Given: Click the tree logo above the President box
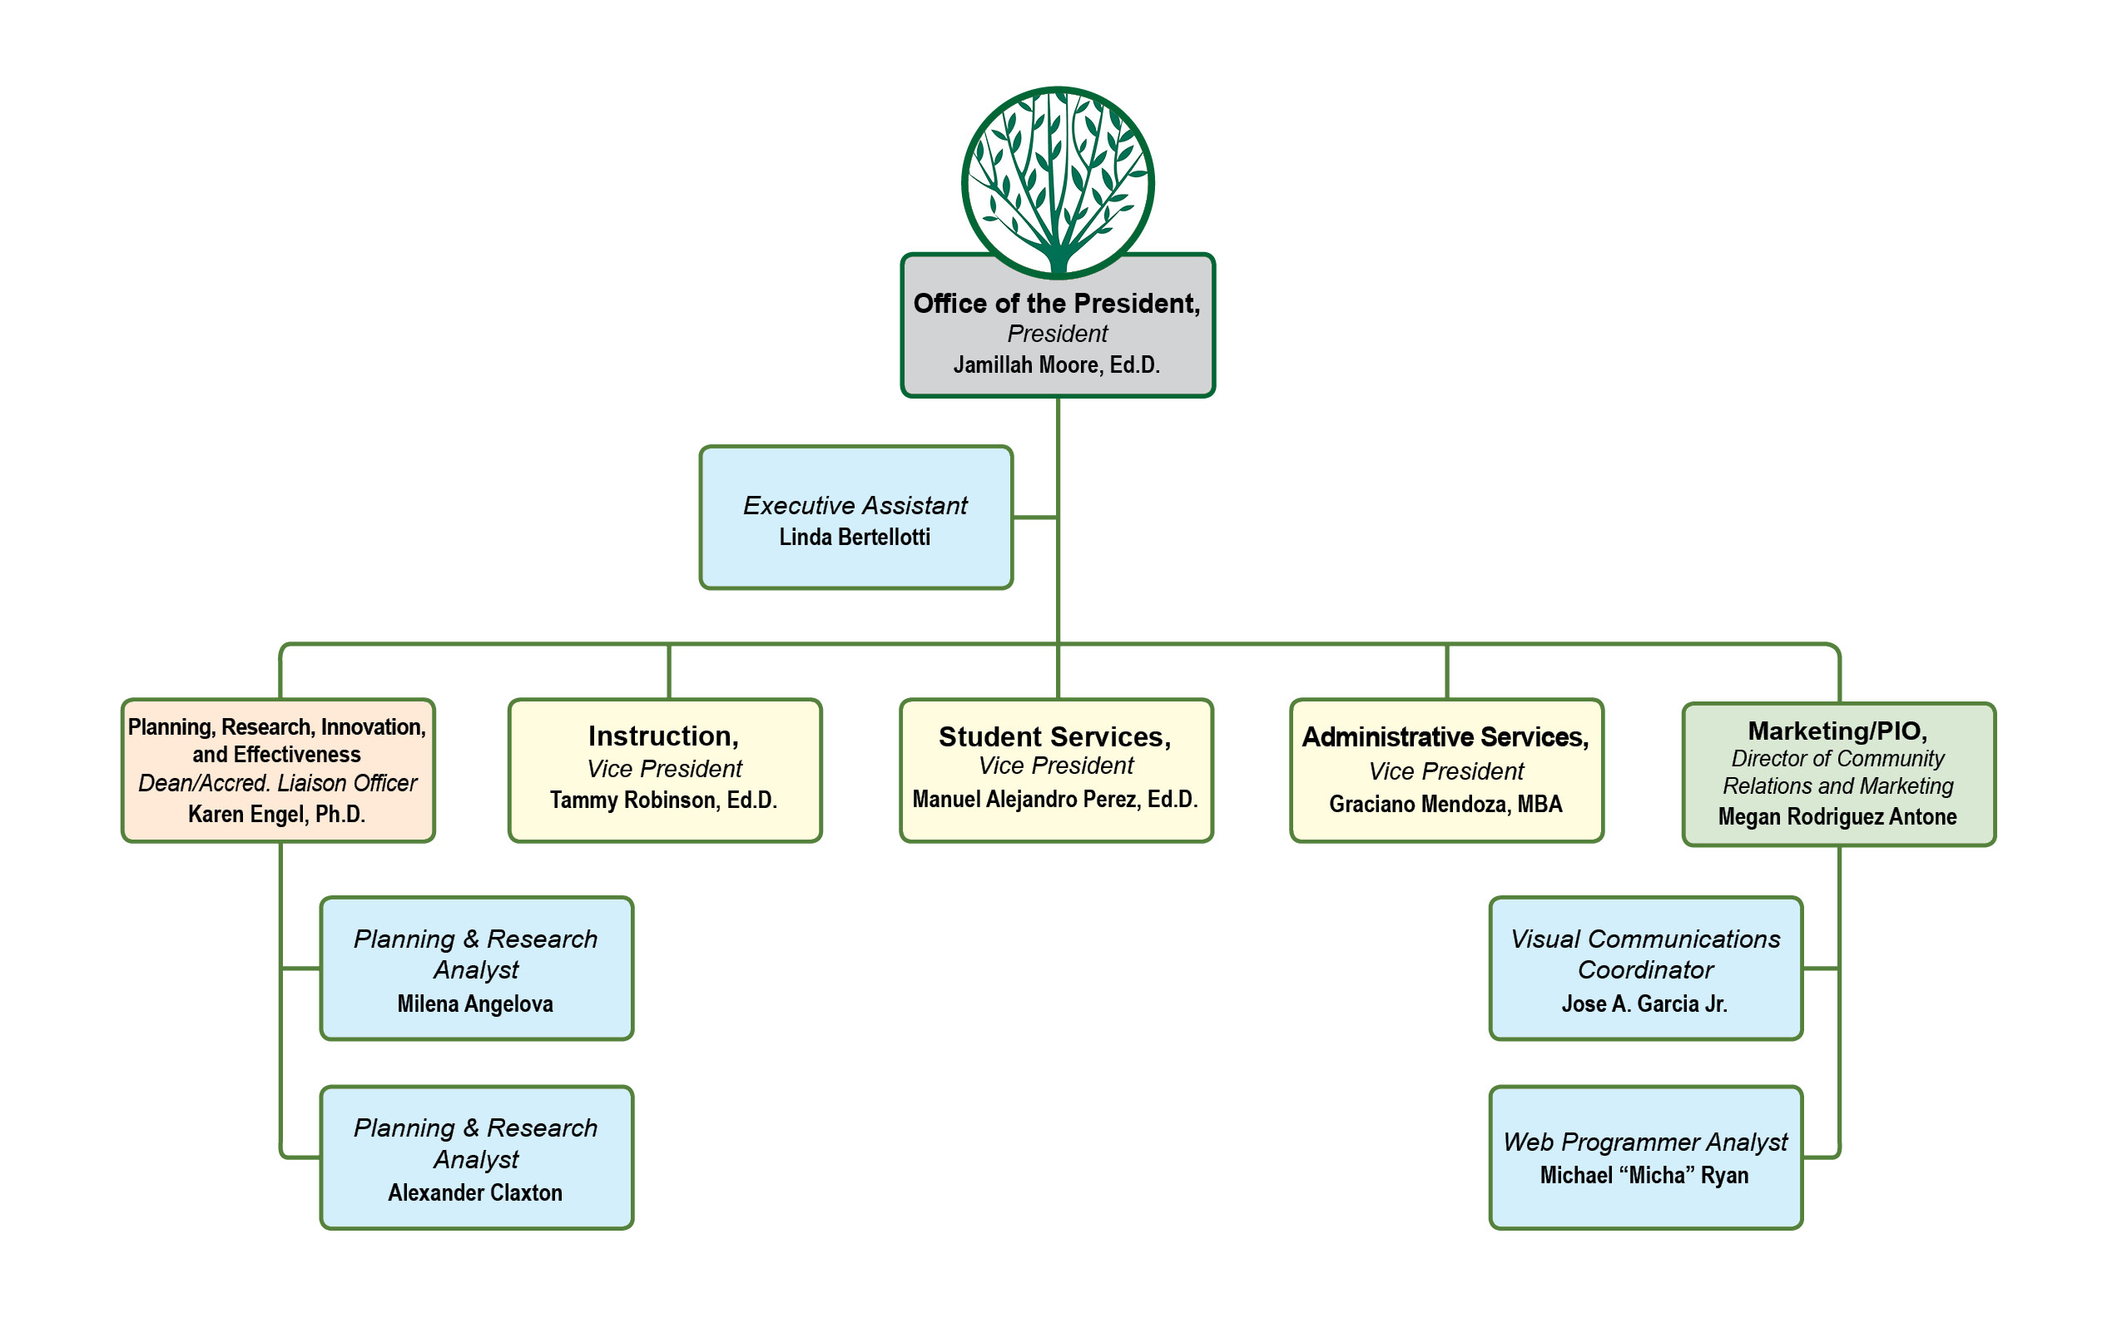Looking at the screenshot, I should point(1058,181).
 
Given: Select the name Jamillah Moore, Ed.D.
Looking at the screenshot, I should point(1057,364).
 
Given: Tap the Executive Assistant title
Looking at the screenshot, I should point(855,506).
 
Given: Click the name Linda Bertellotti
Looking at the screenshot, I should point(855,538).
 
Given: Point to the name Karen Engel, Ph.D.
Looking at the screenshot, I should point(277,815).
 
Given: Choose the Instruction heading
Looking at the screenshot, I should point(663,736).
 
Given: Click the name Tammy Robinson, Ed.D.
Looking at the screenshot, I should point(663,800).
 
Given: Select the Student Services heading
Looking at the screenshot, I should point(1055,736).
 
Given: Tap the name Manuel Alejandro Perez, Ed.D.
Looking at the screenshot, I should point(1055,800).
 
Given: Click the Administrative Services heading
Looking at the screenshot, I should point(1445,736).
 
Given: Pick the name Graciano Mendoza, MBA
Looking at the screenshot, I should point(1445,805).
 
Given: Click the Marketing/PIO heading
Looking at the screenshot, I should point(1837,731).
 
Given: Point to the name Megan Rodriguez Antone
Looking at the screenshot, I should point(1837,817).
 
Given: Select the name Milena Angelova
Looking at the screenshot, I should point(475,1004).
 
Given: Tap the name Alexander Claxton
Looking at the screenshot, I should point(475,1192).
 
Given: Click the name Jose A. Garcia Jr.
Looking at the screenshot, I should point(1644,1004).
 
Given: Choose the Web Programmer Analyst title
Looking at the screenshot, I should point(1645,1142).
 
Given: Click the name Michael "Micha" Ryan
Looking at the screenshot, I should point(1644,1176).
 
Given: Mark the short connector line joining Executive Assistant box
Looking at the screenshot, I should point(1034,518).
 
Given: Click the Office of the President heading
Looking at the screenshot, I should point(1057,304).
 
